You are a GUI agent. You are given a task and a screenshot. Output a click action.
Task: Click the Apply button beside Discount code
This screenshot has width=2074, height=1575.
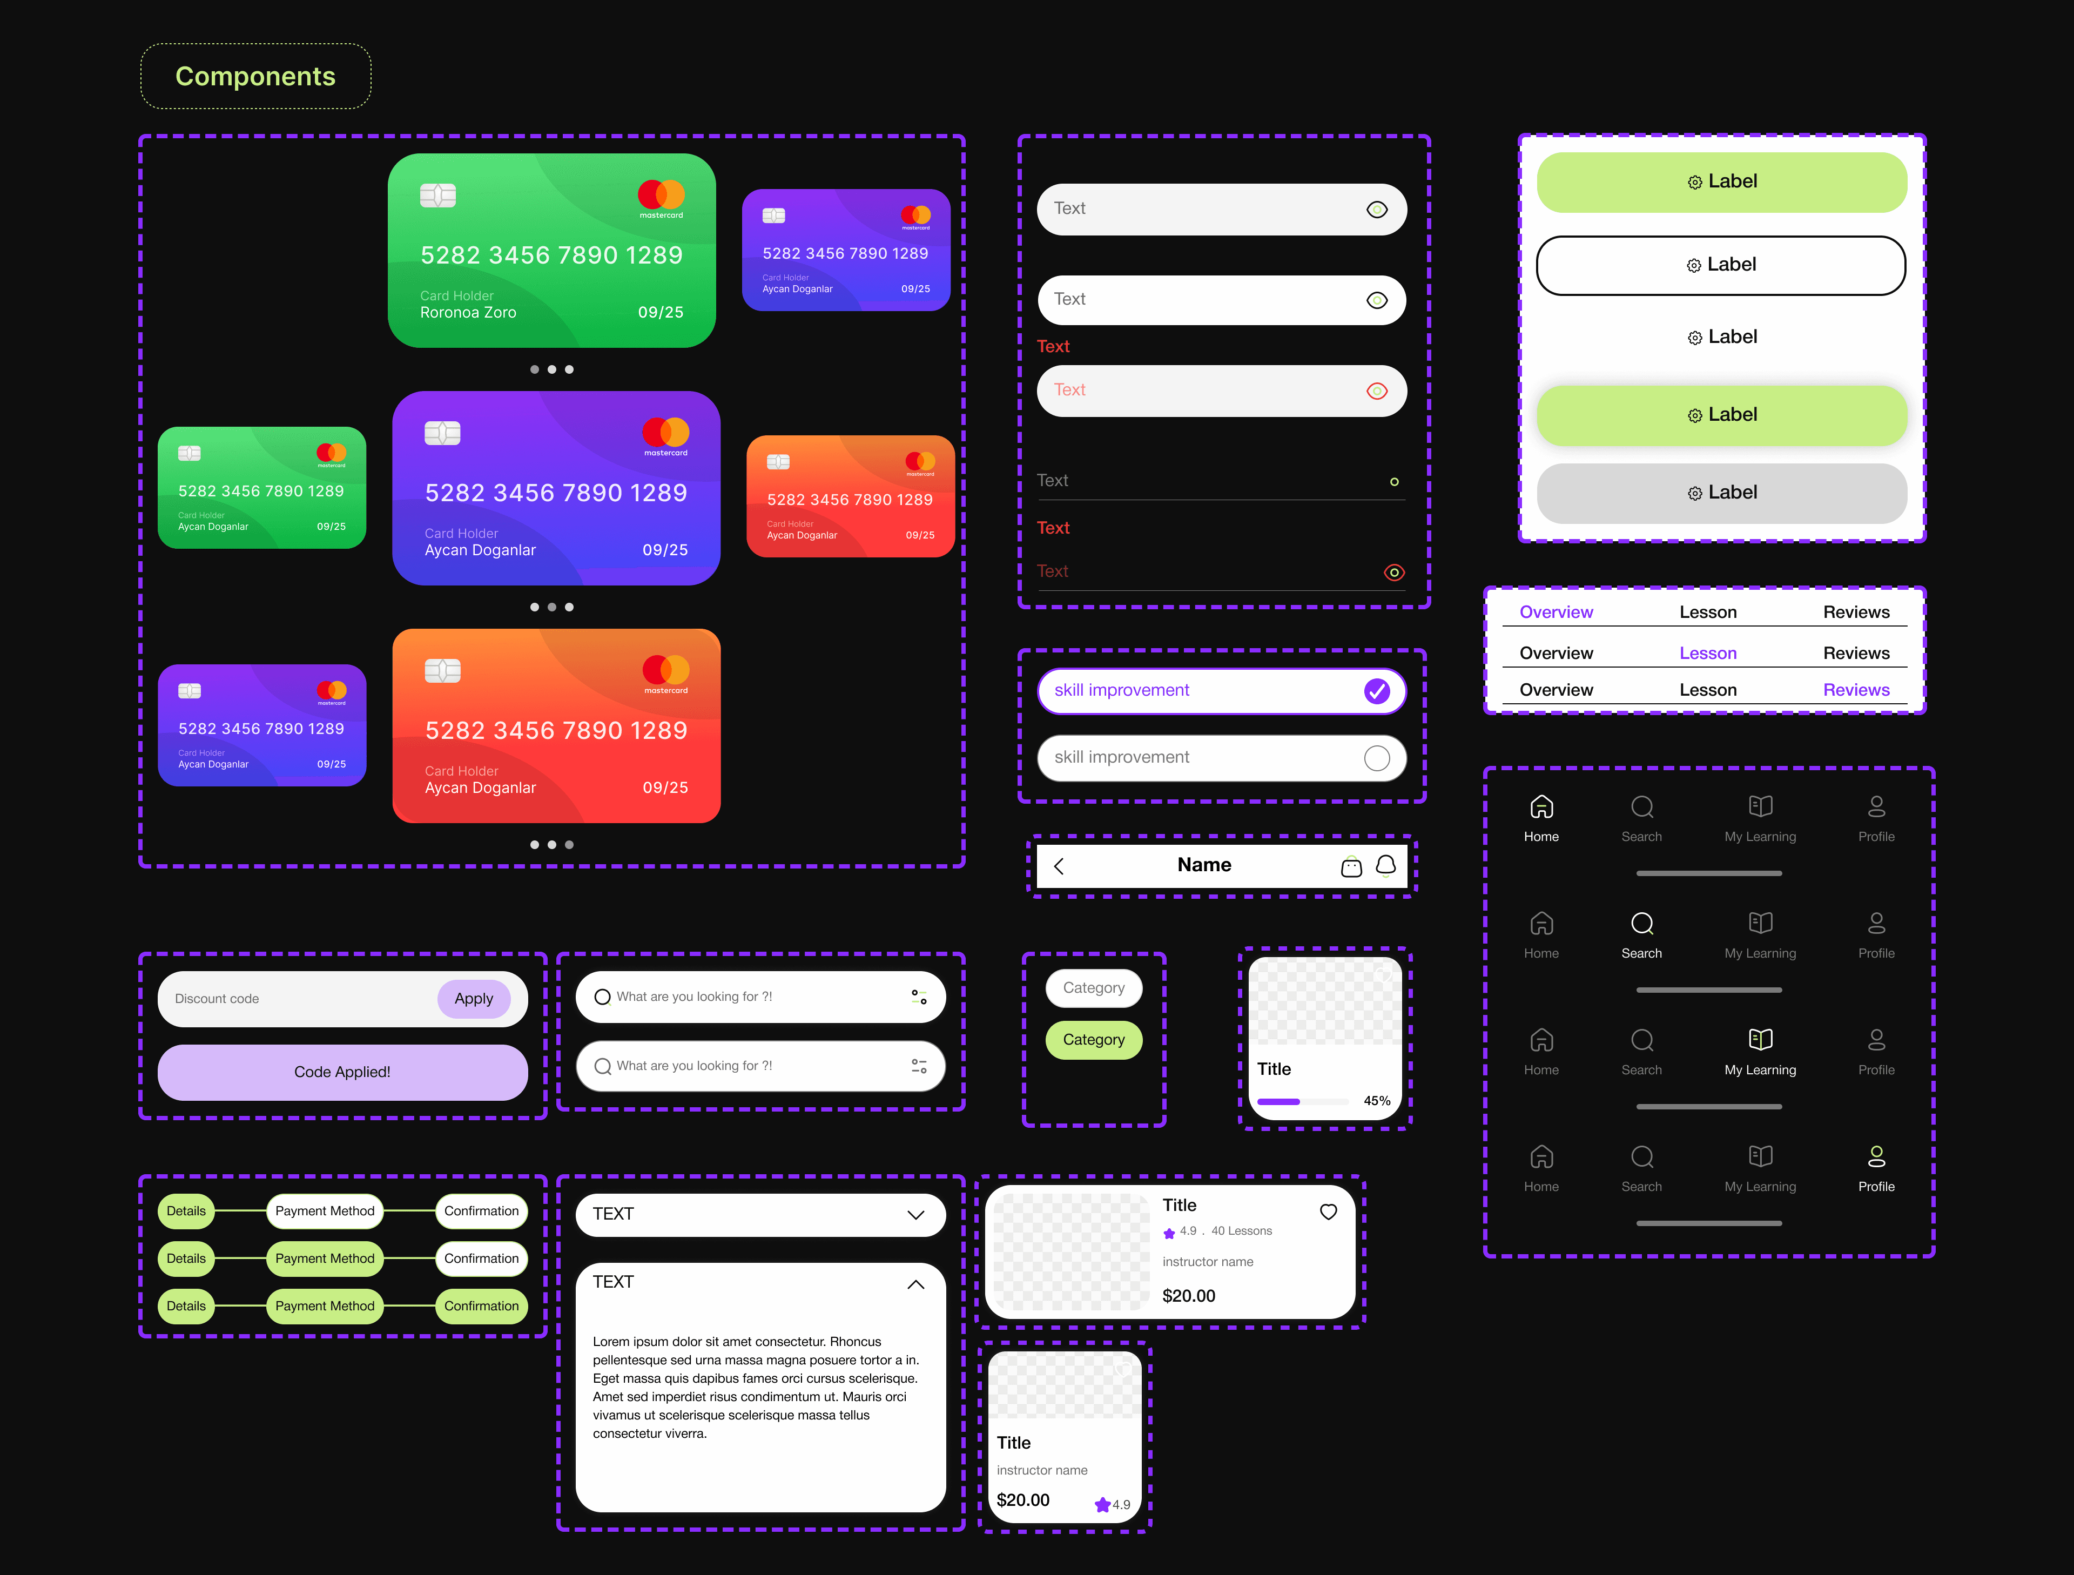click(474, 999)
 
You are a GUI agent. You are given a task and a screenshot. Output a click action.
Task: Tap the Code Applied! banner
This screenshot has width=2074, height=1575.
click(342, 1072)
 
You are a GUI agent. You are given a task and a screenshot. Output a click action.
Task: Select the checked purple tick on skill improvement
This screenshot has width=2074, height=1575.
click(1376, 691)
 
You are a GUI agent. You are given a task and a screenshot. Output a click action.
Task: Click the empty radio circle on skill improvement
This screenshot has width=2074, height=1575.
click(1376, 757)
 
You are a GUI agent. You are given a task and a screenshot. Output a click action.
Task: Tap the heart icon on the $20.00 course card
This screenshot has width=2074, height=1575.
click(1329, 1211)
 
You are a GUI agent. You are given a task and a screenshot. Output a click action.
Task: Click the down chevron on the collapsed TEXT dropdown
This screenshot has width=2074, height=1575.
click(916, 1215)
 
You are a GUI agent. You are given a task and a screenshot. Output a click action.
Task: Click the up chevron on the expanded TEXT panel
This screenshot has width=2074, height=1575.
click(916, 1284)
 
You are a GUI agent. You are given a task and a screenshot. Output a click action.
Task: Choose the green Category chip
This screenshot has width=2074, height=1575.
click(1093, 1040)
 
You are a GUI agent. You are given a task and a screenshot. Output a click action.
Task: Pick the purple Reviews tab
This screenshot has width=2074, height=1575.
click(1856, 690)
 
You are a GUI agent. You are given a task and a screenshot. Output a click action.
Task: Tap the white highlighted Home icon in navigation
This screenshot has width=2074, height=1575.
click(1541, 807)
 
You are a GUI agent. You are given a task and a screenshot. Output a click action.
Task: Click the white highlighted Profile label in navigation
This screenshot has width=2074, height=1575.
click(1876, 1186)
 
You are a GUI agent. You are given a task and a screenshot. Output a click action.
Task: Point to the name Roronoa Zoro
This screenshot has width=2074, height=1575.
click(468, 312)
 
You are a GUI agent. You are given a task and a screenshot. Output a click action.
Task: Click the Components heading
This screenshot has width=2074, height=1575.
click(255, 76)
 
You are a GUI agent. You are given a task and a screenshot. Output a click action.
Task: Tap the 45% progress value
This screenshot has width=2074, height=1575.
click(1376, 1101)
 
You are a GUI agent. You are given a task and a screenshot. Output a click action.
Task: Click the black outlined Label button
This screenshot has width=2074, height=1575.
click(1721, 265)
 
